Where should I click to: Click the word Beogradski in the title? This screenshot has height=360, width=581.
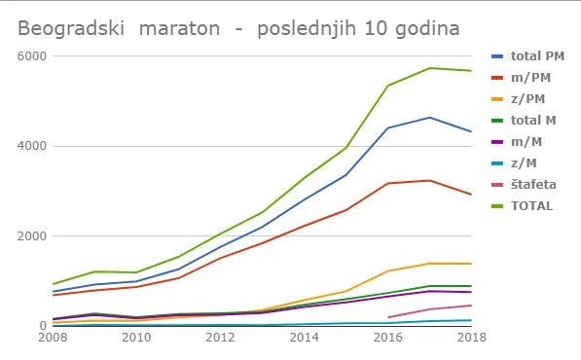[x=71, y=28]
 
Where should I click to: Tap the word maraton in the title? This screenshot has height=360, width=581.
[x=179, y=28]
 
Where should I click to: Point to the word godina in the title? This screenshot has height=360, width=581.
[x=427, y=29]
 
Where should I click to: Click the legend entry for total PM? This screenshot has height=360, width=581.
[x=527, y=56]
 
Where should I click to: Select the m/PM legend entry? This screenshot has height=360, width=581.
[x=521, y=78]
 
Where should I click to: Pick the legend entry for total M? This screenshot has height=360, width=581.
[x=524, y=121]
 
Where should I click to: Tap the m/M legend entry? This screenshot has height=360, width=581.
[x=517, y=142]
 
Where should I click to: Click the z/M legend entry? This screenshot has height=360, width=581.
[x=514, y=163]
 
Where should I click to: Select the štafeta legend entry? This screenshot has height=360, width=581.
[x=524, y=185]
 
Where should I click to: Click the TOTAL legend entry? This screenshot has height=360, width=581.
[x=522, y=206]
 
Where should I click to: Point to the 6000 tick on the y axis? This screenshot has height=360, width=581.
[x=32, y=56]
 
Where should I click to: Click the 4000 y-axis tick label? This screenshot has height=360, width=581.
[x=32, y=146]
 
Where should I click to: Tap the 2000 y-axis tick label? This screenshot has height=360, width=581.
[x=32, y=235]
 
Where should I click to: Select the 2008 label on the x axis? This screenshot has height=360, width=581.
[x=53, y=338]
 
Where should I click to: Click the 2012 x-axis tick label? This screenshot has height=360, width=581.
[x=220, y=338]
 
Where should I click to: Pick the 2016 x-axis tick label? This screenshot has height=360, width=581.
[x=387, y=338]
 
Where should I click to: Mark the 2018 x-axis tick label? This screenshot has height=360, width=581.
[x=471, y=338]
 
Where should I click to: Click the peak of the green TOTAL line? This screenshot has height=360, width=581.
[x=429, y=68]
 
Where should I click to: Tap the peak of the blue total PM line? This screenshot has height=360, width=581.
[x=429, y=118]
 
